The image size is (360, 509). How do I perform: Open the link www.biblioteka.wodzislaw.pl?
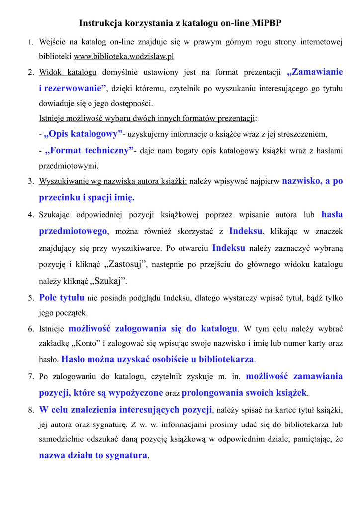[x=124, y=56]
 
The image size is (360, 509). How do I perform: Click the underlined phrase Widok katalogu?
[x=68, y=72]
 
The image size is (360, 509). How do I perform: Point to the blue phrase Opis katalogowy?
[x=84, y=134]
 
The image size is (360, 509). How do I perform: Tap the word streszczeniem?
[x=303, y=134]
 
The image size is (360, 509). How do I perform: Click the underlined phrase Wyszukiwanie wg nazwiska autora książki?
[x=113, y=181]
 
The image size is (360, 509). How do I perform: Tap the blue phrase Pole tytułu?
[x=62, y=298]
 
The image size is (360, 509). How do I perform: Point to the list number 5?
[x=31, y=298]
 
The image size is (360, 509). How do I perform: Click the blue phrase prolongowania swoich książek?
[x=245, y=393]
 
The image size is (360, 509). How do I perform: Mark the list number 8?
[x=31, y=410]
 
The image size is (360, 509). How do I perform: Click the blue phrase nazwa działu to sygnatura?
[x=93, y=455]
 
